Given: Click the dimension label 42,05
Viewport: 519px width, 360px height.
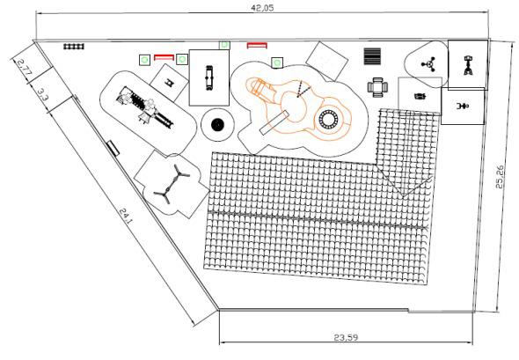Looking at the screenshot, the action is pyautogui.click(x=262, y=7).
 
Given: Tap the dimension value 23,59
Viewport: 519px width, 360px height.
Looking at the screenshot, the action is pyautogui.click(x=346, y=337).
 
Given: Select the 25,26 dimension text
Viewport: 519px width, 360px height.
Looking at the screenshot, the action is pyautogui.click(x=500, y=177).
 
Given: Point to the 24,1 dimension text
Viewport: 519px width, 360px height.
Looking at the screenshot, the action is pyautogui.click(x=126, y=217).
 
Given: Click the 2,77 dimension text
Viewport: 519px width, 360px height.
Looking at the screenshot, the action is pyautogui.click(x=24, y=69).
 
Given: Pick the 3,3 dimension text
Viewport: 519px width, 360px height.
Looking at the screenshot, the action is pyautogui.click(x=42, y=95).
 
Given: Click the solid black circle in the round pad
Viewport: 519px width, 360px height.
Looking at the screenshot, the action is pyautogui.click(x=217, y=124).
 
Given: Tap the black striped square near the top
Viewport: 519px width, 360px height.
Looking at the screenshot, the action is pyautogui.click(x=372, y=56).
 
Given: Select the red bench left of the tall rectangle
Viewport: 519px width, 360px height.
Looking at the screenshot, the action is pyautogui.click(x=164, y=57).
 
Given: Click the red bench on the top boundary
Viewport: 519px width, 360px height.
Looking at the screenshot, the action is pyautogui.click(x=257, y=46).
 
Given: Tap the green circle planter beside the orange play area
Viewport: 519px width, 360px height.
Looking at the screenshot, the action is pyautogui.click(x=277, y=62).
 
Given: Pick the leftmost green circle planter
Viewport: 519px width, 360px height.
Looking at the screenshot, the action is pyautogui.click(x=144, y=60).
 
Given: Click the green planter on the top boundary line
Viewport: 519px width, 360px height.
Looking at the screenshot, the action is pyautogui.click(x=224, y=45).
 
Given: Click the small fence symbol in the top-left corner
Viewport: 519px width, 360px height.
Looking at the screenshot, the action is pyautogui.click(x=74, y=47).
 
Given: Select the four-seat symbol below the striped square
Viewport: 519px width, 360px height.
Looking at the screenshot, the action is pyautogui.click(x=377, y=87).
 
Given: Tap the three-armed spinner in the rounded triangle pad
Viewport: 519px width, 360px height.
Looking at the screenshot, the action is pyautogui.click(x=428, y=64).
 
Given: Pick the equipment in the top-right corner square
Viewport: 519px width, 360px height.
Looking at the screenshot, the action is pyautogui.click(x=468, y=65).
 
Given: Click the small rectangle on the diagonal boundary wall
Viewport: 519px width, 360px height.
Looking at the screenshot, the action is pyautogui.click(x=113, y=148).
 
